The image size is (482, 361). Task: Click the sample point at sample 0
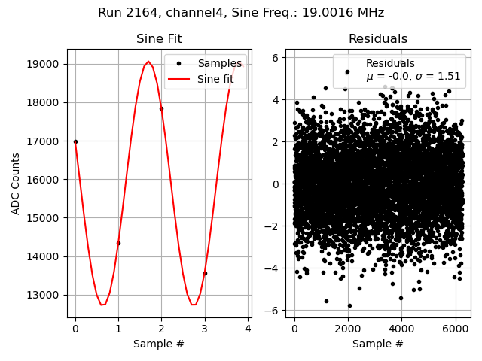(x=75, y=141)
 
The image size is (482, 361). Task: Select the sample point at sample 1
(x=118, y=243)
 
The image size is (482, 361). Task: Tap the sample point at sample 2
(x=161, y=108)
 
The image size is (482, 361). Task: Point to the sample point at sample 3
(x=204, y=273)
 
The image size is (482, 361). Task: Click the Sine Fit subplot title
(x=159, y=39)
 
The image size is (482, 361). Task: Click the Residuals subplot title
(x=377, y=39)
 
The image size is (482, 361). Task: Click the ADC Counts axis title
(x=16, y=184)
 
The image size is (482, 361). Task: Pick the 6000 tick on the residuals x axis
(x=455, y=329)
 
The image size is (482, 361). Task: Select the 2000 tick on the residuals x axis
(x=348, y=329)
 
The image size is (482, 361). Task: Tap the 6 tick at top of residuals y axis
(x=276, y=57)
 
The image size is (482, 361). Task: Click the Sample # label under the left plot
(x=159, y=344)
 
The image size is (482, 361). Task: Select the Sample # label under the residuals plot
(x=377, y=344)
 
